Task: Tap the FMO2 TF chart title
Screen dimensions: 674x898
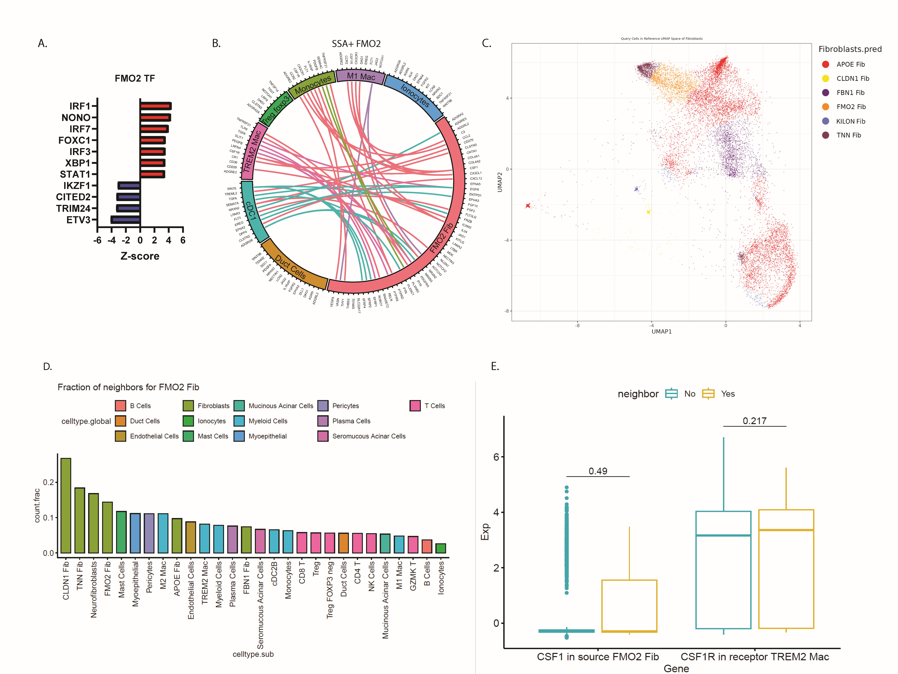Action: click(135, 78)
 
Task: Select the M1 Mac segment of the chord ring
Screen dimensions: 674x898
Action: click(360, 76)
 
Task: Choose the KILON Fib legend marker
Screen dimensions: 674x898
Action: click(825, 121)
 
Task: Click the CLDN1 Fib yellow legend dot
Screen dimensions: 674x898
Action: click(825, 78)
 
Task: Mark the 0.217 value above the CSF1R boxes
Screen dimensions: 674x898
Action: click(754, 421)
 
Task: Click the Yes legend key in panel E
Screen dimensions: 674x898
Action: click(708, 394)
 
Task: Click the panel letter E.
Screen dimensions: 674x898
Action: click(495, 366)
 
